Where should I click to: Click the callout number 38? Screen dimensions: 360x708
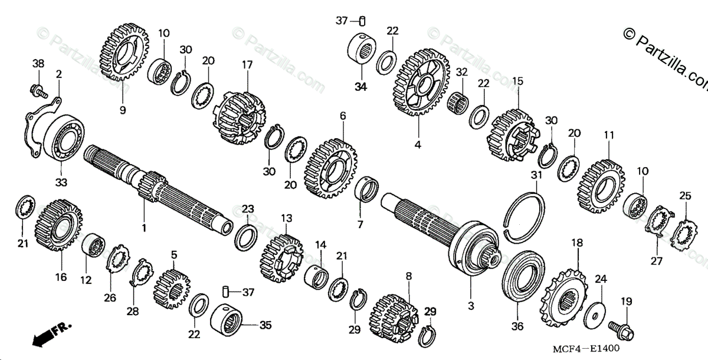point(38,63)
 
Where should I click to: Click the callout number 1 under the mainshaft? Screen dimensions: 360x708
point(145,227)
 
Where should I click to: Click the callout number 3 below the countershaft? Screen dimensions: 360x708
point(471,306)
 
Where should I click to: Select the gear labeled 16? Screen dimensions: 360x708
point(59,225)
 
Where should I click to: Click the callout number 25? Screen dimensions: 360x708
point(684,196)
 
